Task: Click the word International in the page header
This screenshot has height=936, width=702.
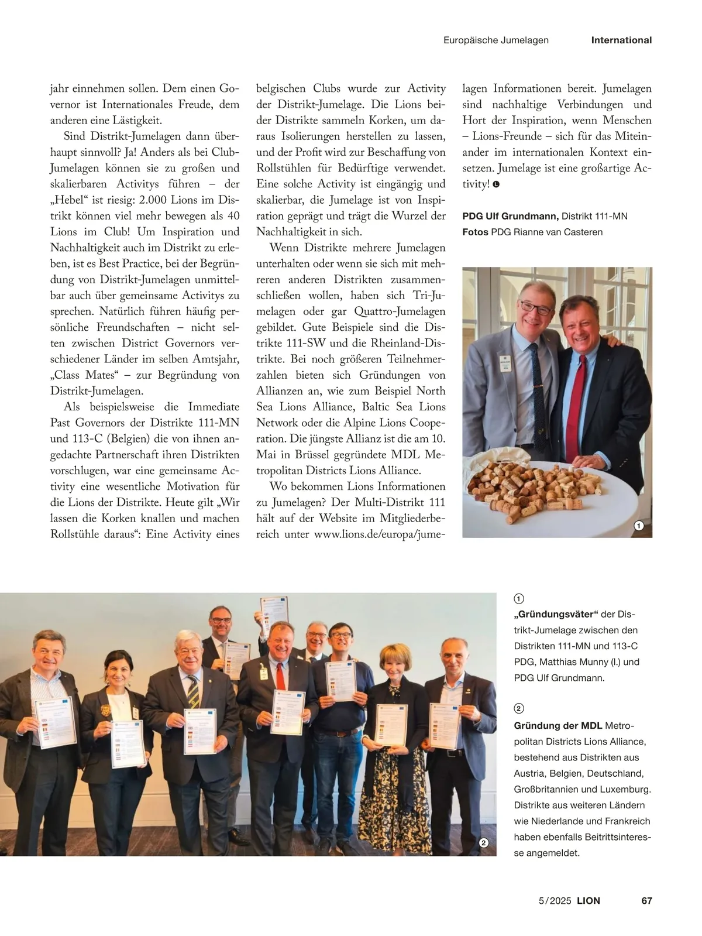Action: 621,40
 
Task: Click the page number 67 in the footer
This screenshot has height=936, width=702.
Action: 646,900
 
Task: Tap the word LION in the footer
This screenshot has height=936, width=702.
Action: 589,900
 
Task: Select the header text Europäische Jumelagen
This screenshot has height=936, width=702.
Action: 496,40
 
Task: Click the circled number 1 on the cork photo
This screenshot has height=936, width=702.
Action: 639,526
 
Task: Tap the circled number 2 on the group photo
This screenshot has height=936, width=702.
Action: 483,843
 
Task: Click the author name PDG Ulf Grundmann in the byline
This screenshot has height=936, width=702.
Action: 510,216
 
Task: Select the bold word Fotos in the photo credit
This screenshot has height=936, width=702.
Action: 475,232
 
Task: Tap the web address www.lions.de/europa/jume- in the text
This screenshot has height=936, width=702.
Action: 380,534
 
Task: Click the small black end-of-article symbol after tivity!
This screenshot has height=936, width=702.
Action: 496,184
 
